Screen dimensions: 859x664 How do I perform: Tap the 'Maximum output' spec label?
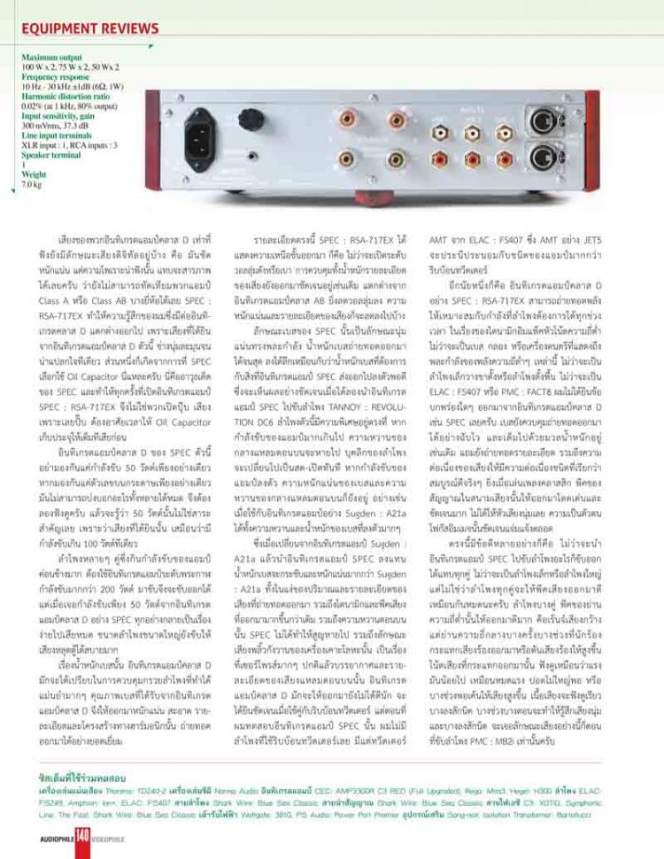click(52, 57)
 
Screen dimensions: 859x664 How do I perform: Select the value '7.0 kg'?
click(32, 184)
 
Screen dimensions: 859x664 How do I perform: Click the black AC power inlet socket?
click(200, 135)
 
